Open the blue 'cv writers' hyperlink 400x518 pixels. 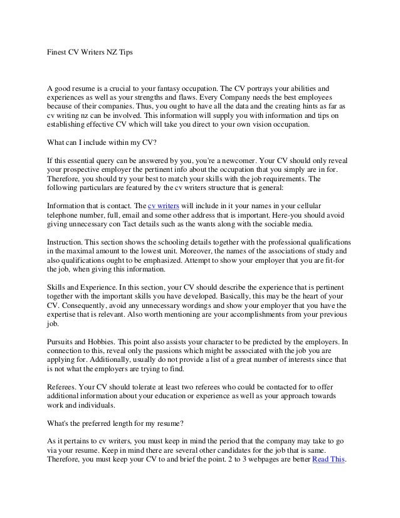163,206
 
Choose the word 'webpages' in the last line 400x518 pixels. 264,458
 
